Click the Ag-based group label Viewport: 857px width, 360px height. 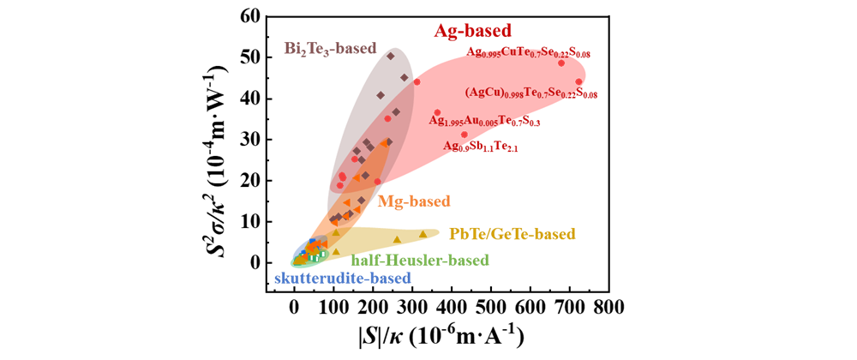pyautogui.click(x=470, y=31)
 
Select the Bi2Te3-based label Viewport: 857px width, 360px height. pyautogui.click(x=331, y=49)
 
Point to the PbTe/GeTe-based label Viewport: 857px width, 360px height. pyautogui.click(x=512, y=233)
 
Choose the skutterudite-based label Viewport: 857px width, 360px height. pyautogui.click(x=342, y=278)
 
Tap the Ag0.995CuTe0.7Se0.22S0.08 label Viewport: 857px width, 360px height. pyautogui.click(x=528, y=53)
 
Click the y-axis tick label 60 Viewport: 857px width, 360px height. pyautogui.click(x=273, y=15)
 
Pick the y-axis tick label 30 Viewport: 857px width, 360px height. pyautogui.click(x=273, y=139)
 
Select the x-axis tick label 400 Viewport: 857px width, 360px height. pyautogui.click(x=452, y=306)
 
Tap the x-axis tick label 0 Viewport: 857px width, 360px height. pyautogui.click(x=295, y=306)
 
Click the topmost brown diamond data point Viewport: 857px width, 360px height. pyautogui.click(x=391, y=57)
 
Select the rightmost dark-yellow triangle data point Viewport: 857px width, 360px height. pyautogui.click(x=423, y=234)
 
